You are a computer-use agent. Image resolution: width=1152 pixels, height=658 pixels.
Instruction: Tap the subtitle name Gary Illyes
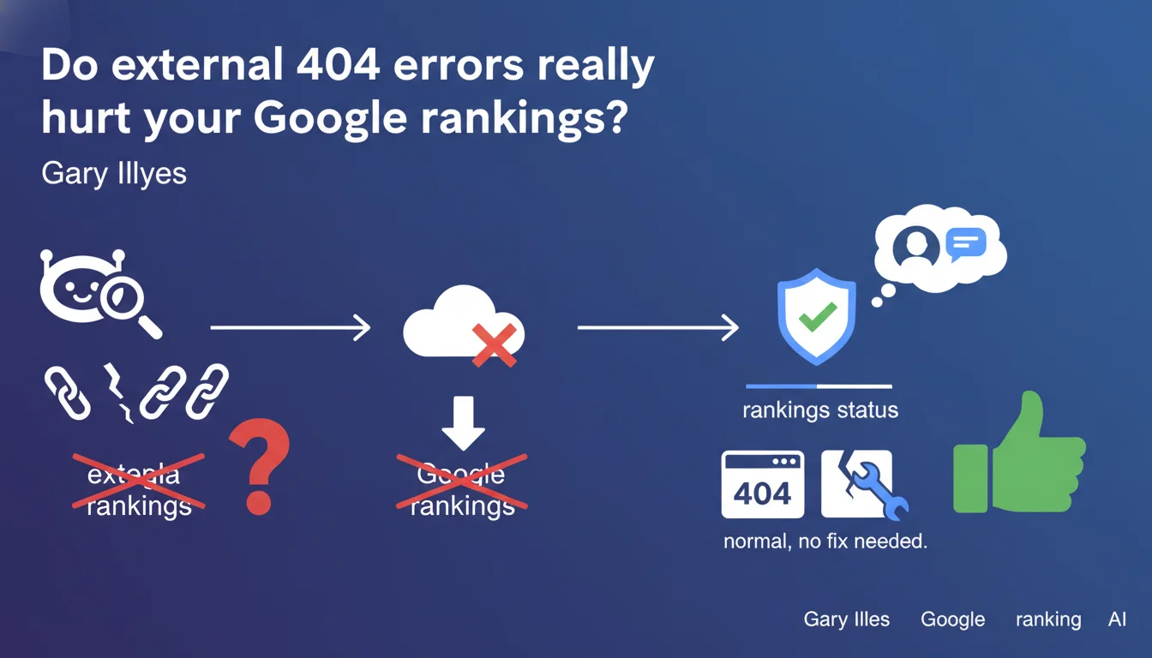tap(113, 174)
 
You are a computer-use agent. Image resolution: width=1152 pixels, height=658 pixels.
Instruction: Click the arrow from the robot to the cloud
tap(290, 327)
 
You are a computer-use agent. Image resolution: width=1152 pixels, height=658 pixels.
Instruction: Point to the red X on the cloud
tap(495, 344)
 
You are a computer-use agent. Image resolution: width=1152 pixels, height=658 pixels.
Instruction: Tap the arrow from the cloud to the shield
tap(657, 327)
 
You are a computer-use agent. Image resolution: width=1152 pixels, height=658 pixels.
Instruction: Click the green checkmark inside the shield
tap(817, 319)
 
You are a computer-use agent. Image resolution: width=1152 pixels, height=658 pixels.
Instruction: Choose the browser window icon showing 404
tap(763, 485)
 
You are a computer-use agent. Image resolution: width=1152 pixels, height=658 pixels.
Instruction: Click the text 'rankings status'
tap(820, 410)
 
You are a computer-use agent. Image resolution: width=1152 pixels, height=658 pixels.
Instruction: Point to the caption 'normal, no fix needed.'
tap(825, 541)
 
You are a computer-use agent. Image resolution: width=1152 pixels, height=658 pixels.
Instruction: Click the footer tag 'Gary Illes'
tap(847, 619)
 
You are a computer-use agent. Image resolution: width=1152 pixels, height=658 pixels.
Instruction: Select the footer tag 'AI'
tap(1117, 619)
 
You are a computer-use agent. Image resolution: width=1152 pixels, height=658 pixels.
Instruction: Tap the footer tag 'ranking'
tap(1047, 619)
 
